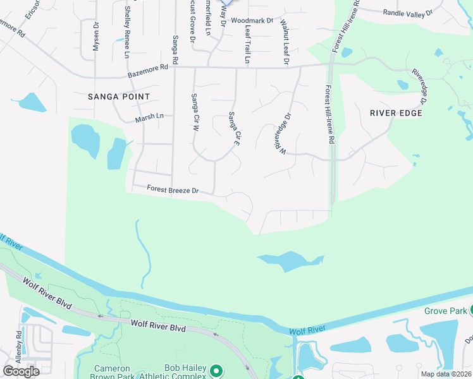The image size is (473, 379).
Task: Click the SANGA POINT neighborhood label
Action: point(119,97)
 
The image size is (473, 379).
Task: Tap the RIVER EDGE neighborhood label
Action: point(396,113)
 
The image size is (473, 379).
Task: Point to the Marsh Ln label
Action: point(149,117)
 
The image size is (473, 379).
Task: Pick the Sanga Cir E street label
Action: point(235,129)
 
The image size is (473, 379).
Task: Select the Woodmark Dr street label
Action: point(252,20)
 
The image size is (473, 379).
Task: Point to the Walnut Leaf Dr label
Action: point(285,42)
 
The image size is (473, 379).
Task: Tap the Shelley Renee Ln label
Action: point(127,28)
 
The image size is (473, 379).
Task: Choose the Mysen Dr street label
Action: point(96,36)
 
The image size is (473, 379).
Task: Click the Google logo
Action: point(21,371)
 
